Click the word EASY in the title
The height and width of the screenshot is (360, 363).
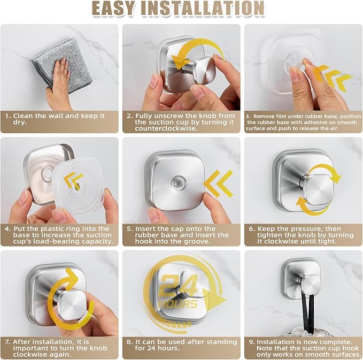click(117, 9)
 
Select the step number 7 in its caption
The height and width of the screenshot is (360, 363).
click(7, 342)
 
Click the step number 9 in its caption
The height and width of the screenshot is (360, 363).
click(252, 342)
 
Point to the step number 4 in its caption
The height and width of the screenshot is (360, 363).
click(8, 228)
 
